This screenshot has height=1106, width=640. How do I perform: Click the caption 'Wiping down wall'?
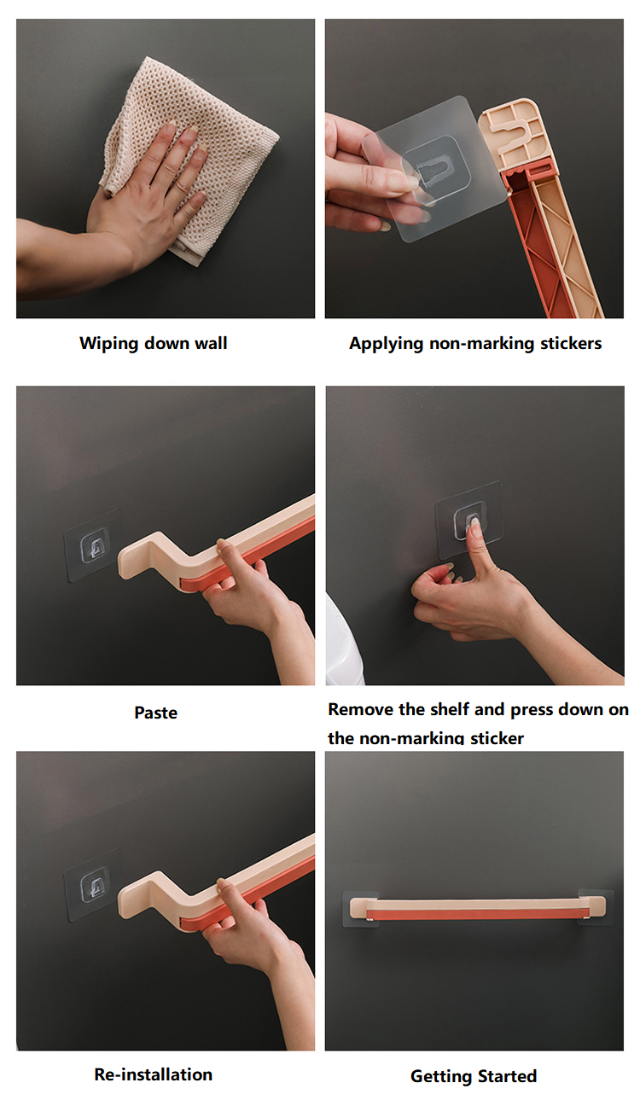coord(153,344)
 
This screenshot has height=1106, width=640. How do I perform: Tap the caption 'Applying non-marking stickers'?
coord(475,344)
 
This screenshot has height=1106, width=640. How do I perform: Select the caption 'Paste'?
coord(156,712)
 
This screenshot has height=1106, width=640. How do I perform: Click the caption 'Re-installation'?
coord(153,1074)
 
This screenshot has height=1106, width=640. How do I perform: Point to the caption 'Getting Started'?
coord(473,1076)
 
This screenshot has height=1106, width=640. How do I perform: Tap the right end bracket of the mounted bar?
coord(596,907)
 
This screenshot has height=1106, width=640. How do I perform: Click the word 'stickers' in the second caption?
coord(571,344)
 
